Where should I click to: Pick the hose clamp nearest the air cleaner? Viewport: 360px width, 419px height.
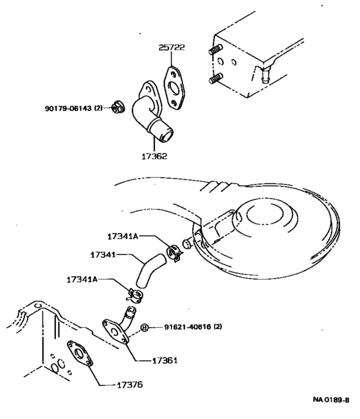[x=174, y=251]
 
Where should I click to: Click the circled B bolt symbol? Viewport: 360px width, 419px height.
[x=145, y=328]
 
